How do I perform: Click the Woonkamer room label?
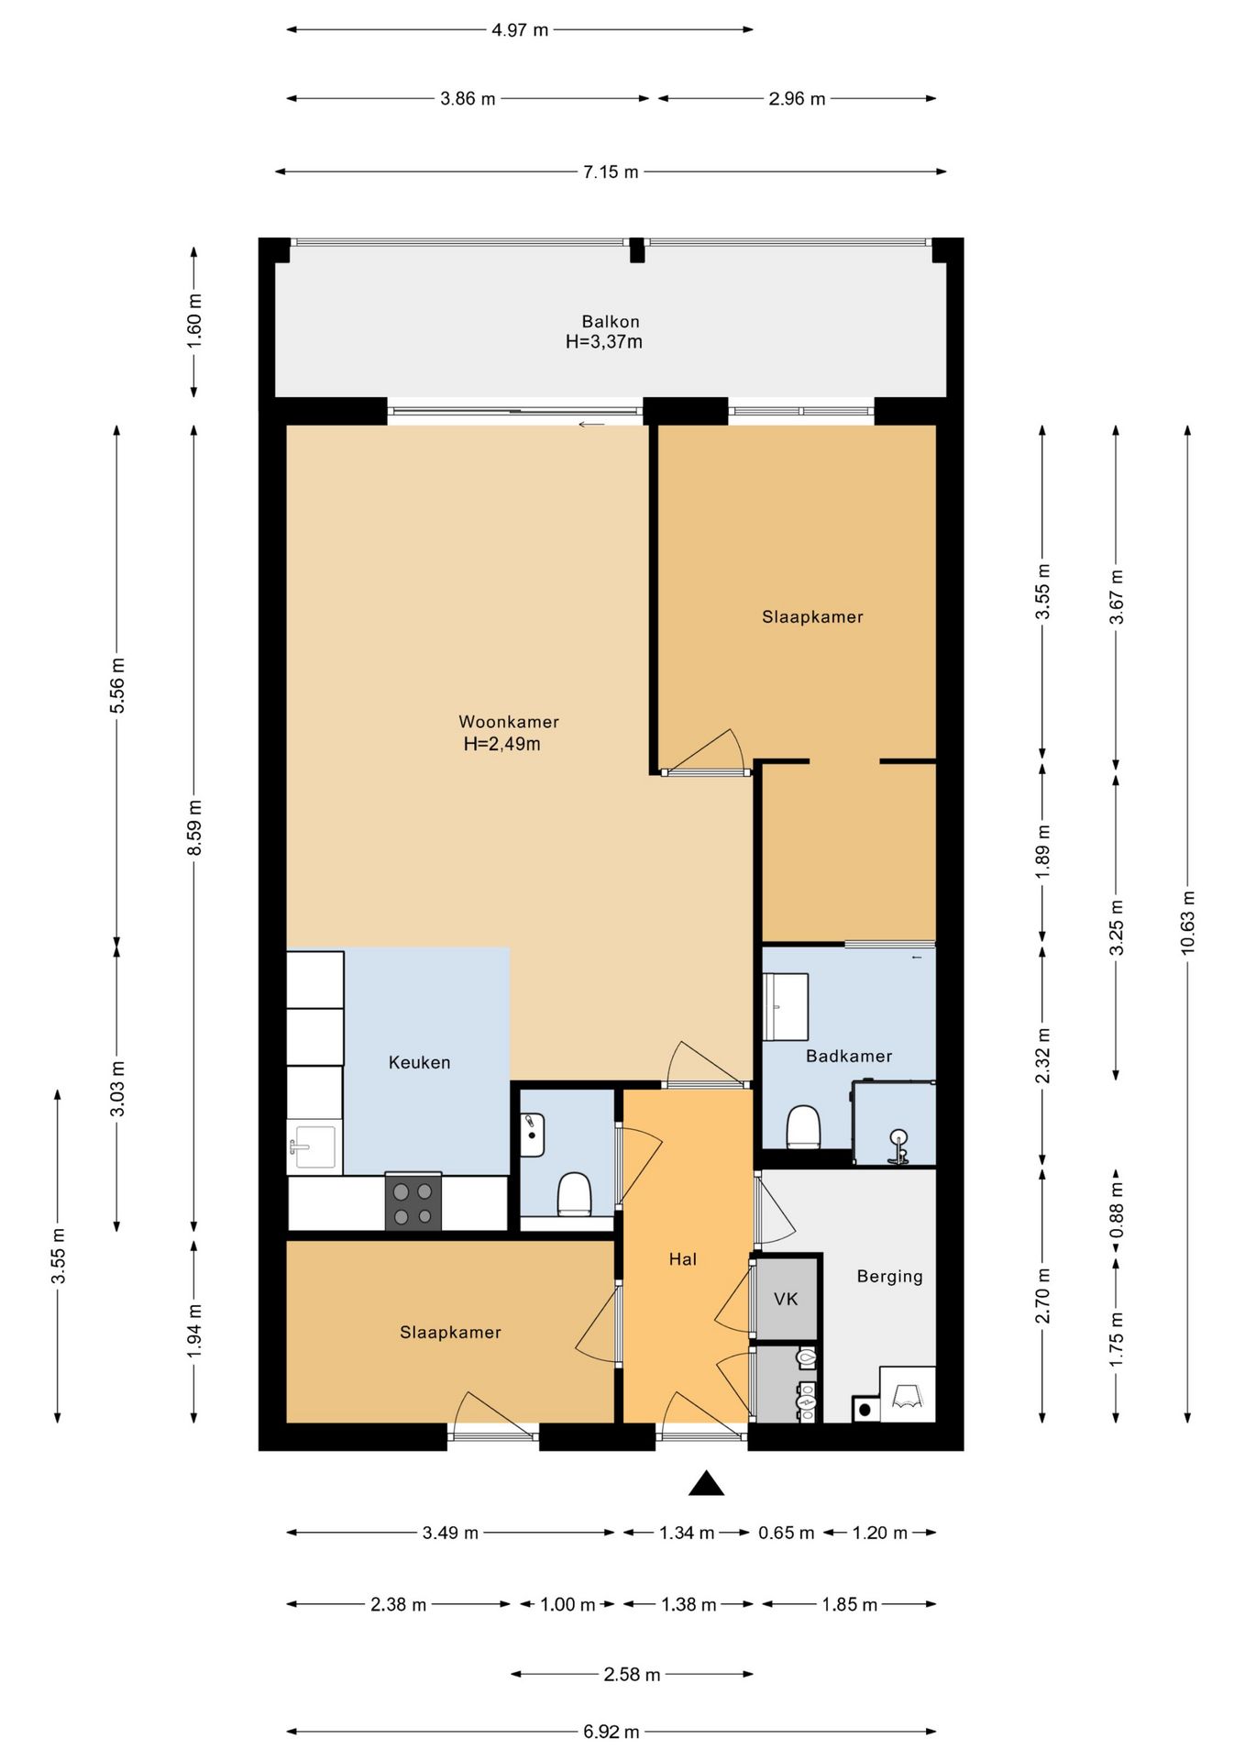[x=509, y=722]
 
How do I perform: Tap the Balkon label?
[x=611, y=322]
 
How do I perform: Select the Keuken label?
[x=420, y=1062]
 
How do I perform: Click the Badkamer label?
[x=849, y=1056]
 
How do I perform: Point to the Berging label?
[x=889, y=1277]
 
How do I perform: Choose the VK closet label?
[x=786, y=1299]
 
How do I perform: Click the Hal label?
[x=683, y=1259]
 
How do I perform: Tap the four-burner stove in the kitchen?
[x=413, y=1202]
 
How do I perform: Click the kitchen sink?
[x=313, y=1146]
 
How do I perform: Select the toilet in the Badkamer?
[x=803, y=1127]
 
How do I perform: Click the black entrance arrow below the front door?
[x=706, y=1483]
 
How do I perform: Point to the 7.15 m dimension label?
[x=611, y=172]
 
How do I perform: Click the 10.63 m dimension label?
[x=1188, y=922]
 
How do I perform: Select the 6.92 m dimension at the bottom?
[x=611, y=1732]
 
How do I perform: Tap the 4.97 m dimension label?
[x=520, y=29]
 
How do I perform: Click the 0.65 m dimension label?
[x=786, y=1533]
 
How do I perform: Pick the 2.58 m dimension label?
[x=632, y=1675]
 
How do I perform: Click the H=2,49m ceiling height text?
[x=501, y=744]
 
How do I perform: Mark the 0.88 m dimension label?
[x=1117, y=1210]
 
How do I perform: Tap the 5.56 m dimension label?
[x=117, y=685]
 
